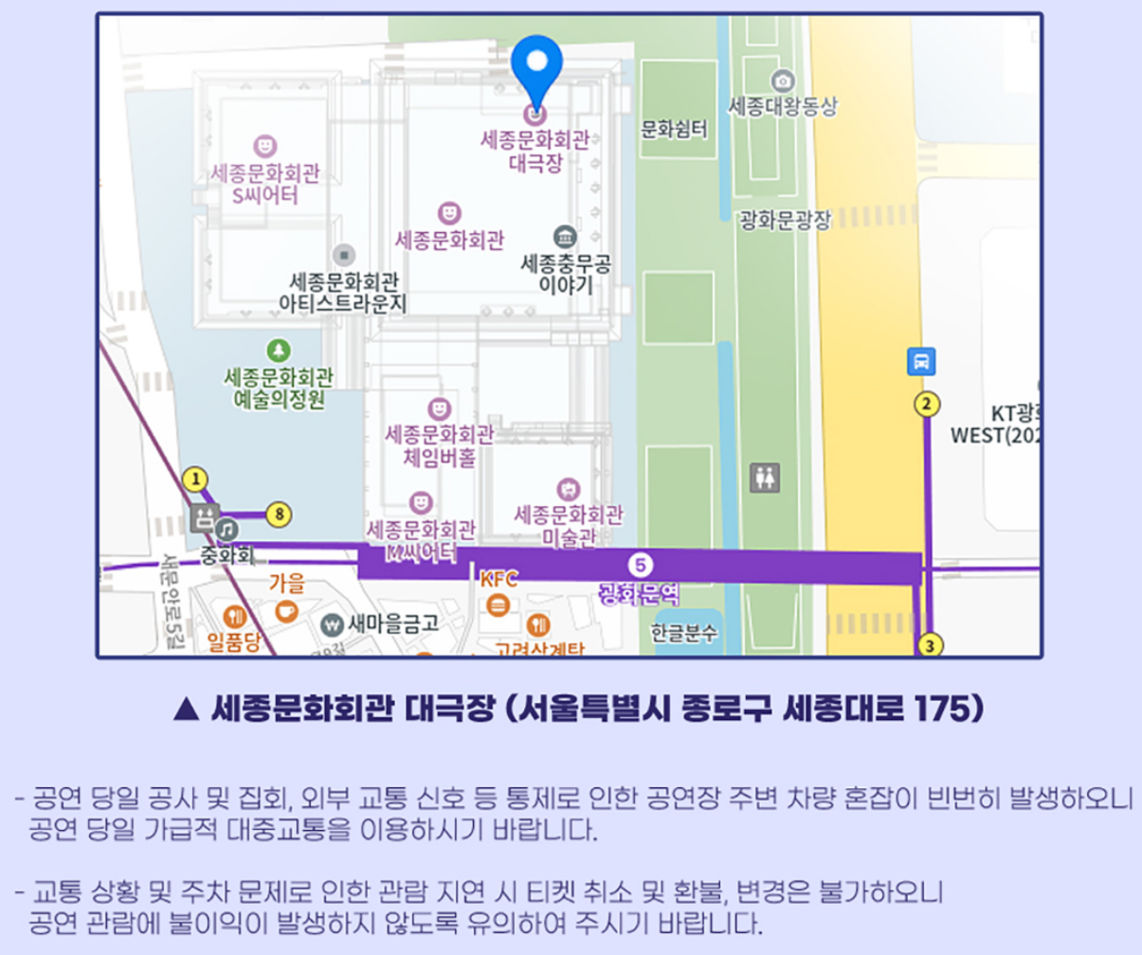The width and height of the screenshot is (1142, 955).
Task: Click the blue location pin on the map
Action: pyautogui.click(x=535, y=66)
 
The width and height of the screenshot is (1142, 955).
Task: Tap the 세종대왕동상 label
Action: pyautogui.click(x=783, y=106)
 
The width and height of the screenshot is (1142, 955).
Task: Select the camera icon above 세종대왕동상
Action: pyautogui.click(x=783, y=80)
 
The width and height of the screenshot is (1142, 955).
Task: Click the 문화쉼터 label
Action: pyautogui.click(x=675, y=128)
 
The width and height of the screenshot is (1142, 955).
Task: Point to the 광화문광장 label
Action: pyautogui.click(x=785, y=221)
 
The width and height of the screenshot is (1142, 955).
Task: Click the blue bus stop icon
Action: pyautogui.click(x=922, y=361)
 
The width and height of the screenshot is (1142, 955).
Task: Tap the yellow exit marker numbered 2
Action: pyautogui.click(x=926, y=405)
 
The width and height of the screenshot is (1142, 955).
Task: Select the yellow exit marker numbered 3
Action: pyautogui.click(x=931, y=646)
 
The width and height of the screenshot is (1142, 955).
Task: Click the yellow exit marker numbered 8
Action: pyautogui.click(x=278, y=514)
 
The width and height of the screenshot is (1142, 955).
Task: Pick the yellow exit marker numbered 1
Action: pyautogui.click(x=195, y=479)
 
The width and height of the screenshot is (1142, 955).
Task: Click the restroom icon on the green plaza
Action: pyautogui.click(x=765, y=478)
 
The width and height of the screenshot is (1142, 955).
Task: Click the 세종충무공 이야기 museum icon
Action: pyautogui.click(x=565, y=236)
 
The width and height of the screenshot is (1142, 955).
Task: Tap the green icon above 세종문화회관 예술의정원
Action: pyautogui.click(x=279, y=351)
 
